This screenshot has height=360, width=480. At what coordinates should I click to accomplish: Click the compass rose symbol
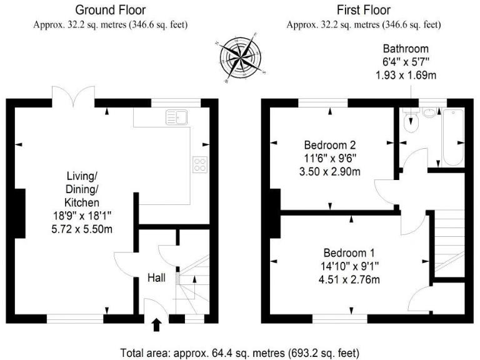[239, 59]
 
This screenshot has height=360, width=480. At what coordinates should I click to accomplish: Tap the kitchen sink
[177, 117]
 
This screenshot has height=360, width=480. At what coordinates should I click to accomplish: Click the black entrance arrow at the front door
[156, 324]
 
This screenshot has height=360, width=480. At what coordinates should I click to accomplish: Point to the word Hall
[156, 277]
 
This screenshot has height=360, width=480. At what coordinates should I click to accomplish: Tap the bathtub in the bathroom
[452, 137]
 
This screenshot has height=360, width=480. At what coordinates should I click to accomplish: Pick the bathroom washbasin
[430, 113]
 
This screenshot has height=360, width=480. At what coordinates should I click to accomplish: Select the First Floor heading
[363, 10]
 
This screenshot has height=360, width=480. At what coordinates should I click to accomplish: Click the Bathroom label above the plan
[406, 48]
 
